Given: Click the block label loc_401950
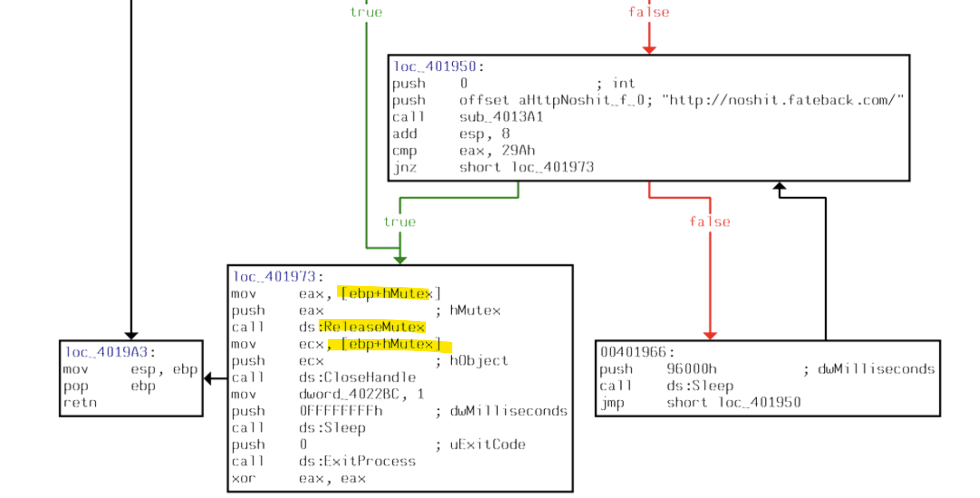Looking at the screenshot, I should [x=434, y=66].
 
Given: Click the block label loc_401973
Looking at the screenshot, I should [x=274, y=276].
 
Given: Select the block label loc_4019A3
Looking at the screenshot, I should [x=106, y=352].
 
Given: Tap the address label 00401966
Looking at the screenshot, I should [x=633, y=352].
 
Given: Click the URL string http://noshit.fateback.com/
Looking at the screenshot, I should [x=782, y=100].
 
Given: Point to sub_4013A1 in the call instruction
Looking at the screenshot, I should [x=501, y=117].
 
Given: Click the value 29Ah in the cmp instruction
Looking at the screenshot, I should [x=518, y=150].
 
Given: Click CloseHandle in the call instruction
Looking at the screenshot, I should [x=369, y=377].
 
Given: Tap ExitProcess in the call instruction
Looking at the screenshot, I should [x=369, y=461].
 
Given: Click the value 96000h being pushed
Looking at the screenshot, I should [x=692, y=369].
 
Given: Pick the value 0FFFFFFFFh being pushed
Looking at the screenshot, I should [x=340, y=411].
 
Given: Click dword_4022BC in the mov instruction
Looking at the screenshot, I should [x=349, y=394].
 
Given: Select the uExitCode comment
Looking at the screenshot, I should [x=487, y=444].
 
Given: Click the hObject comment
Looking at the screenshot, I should [x=479, y=360].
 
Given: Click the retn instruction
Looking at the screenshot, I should [x=80, y=403].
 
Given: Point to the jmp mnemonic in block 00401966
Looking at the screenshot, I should [x=612, y=403].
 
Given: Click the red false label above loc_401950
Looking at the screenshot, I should [x=649, y=12].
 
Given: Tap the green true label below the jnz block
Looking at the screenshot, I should [x=399, y=222].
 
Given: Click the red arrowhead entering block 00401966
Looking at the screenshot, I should [x=710, y=335].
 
